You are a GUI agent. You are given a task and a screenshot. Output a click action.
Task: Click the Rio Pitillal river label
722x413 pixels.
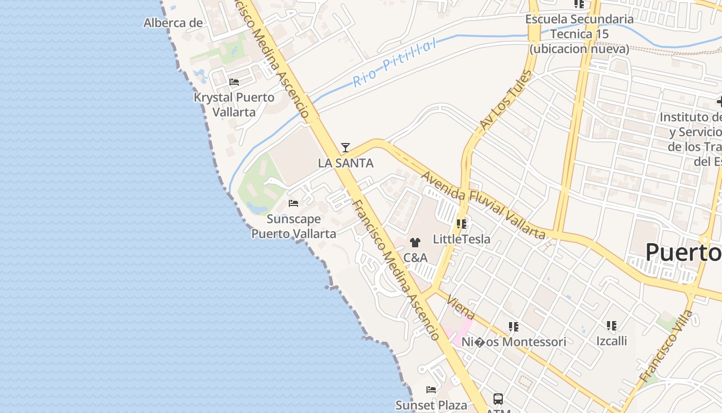(x=395, y=63)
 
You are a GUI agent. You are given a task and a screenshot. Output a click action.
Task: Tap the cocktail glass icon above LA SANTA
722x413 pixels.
(x=346, y=148)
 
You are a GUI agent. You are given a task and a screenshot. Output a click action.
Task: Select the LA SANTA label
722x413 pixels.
(x=346, y=163)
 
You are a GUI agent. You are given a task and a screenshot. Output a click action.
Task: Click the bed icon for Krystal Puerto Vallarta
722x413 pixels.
(x=234, y=82)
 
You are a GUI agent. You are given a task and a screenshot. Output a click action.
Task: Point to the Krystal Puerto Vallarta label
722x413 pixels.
(x=234, y=104)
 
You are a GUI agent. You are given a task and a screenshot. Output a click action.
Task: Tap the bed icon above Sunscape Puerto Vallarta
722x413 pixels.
(x=293, y=203)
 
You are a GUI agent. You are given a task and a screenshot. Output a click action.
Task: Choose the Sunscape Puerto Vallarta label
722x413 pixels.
(x=293, y=226)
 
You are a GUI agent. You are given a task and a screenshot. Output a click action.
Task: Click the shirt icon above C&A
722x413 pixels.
(x=415, y=242)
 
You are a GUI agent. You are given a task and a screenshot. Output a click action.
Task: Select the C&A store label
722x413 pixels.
(x=415, y=257)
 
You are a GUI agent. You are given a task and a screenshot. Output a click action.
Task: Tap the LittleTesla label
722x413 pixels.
(x=462, y=239)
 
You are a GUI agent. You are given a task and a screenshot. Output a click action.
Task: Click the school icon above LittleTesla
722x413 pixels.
(x=462, y=224)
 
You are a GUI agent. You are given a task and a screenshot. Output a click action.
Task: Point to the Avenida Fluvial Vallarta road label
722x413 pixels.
(x=483, y=205)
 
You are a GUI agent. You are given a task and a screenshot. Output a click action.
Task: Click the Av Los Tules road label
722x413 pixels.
(x=505, y=101)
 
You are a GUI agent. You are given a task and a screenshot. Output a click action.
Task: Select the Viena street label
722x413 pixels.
(x=461, y=307)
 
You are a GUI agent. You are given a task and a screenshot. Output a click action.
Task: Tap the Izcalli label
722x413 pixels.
(x=612, y=341)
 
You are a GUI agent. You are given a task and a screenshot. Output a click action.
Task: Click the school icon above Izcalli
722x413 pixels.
(x=612, y=326)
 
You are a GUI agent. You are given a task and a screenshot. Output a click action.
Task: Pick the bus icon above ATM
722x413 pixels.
(x=498, y=399)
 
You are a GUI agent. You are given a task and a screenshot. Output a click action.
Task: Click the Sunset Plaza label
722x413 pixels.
(x=431, y=405)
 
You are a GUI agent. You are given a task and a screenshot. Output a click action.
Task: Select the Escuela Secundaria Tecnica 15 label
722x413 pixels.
(x=579, y=34)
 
